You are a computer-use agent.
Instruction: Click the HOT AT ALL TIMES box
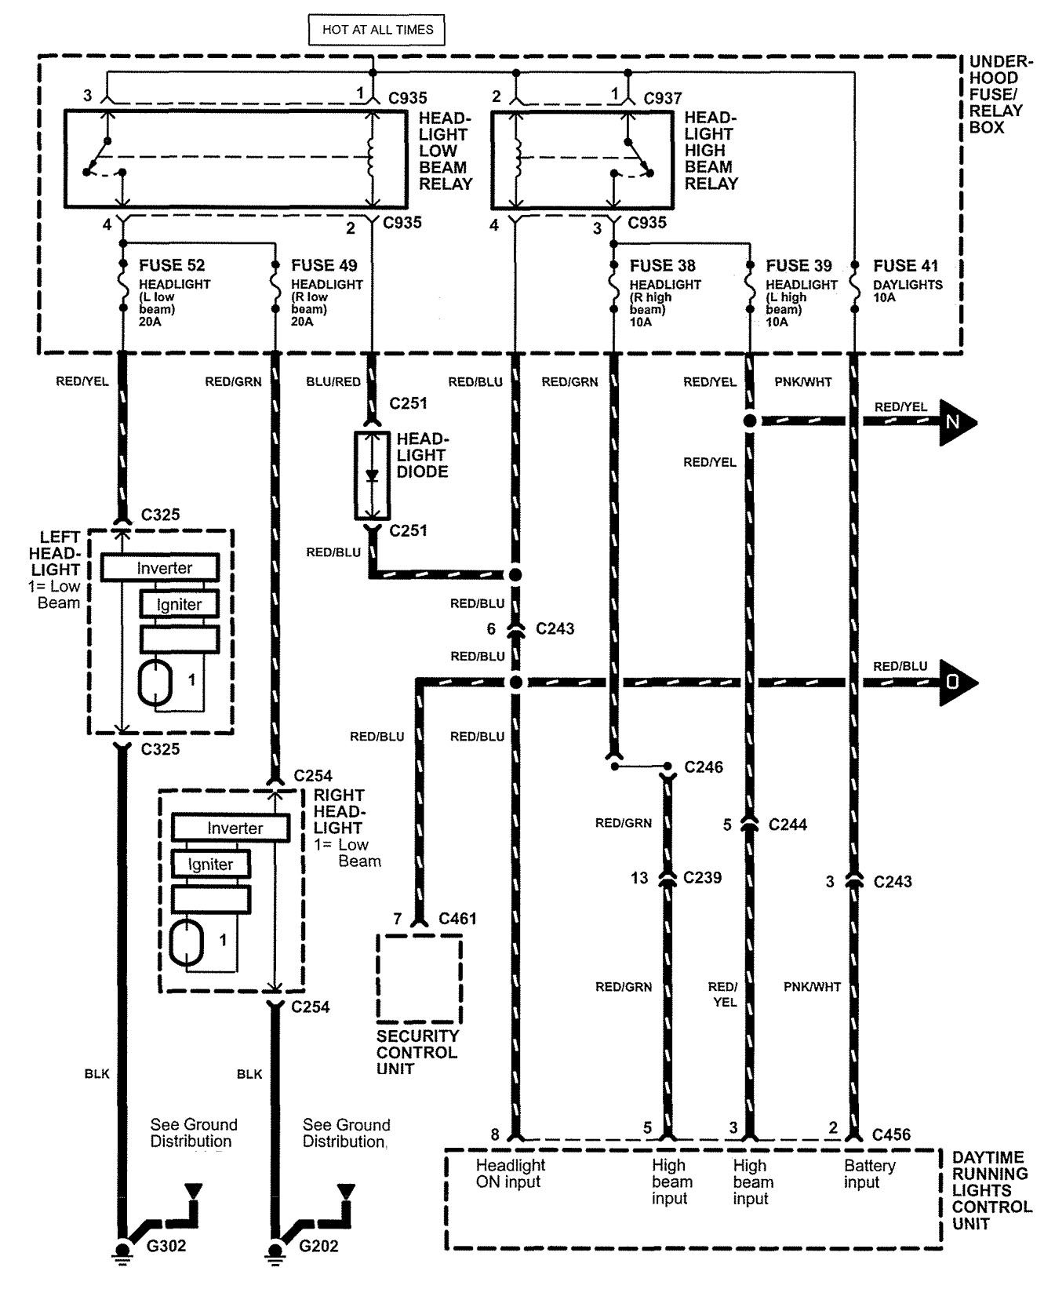pos(377,30)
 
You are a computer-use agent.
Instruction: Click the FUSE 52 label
pos(173,266)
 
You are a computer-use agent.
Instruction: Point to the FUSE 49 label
pos(324,266)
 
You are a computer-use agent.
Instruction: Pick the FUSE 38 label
pos(662,266)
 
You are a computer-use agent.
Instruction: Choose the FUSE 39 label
pos(799,266)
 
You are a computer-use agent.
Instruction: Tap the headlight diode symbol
pos(373,475)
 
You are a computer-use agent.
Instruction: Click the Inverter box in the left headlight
pos(164,568)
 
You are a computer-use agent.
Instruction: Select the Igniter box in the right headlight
pos(210,865)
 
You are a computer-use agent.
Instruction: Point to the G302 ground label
pos(166,1246)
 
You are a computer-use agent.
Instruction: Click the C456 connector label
pos(892,1134)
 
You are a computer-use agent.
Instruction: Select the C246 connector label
pos(703,766)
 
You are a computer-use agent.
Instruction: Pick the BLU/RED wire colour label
pos(333,382)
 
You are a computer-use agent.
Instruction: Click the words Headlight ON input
pos(510,1174)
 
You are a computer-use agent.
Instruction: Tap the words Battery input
pos(869,1174)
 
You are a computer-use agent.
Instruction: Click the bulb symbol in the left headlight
pos(156,683)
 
